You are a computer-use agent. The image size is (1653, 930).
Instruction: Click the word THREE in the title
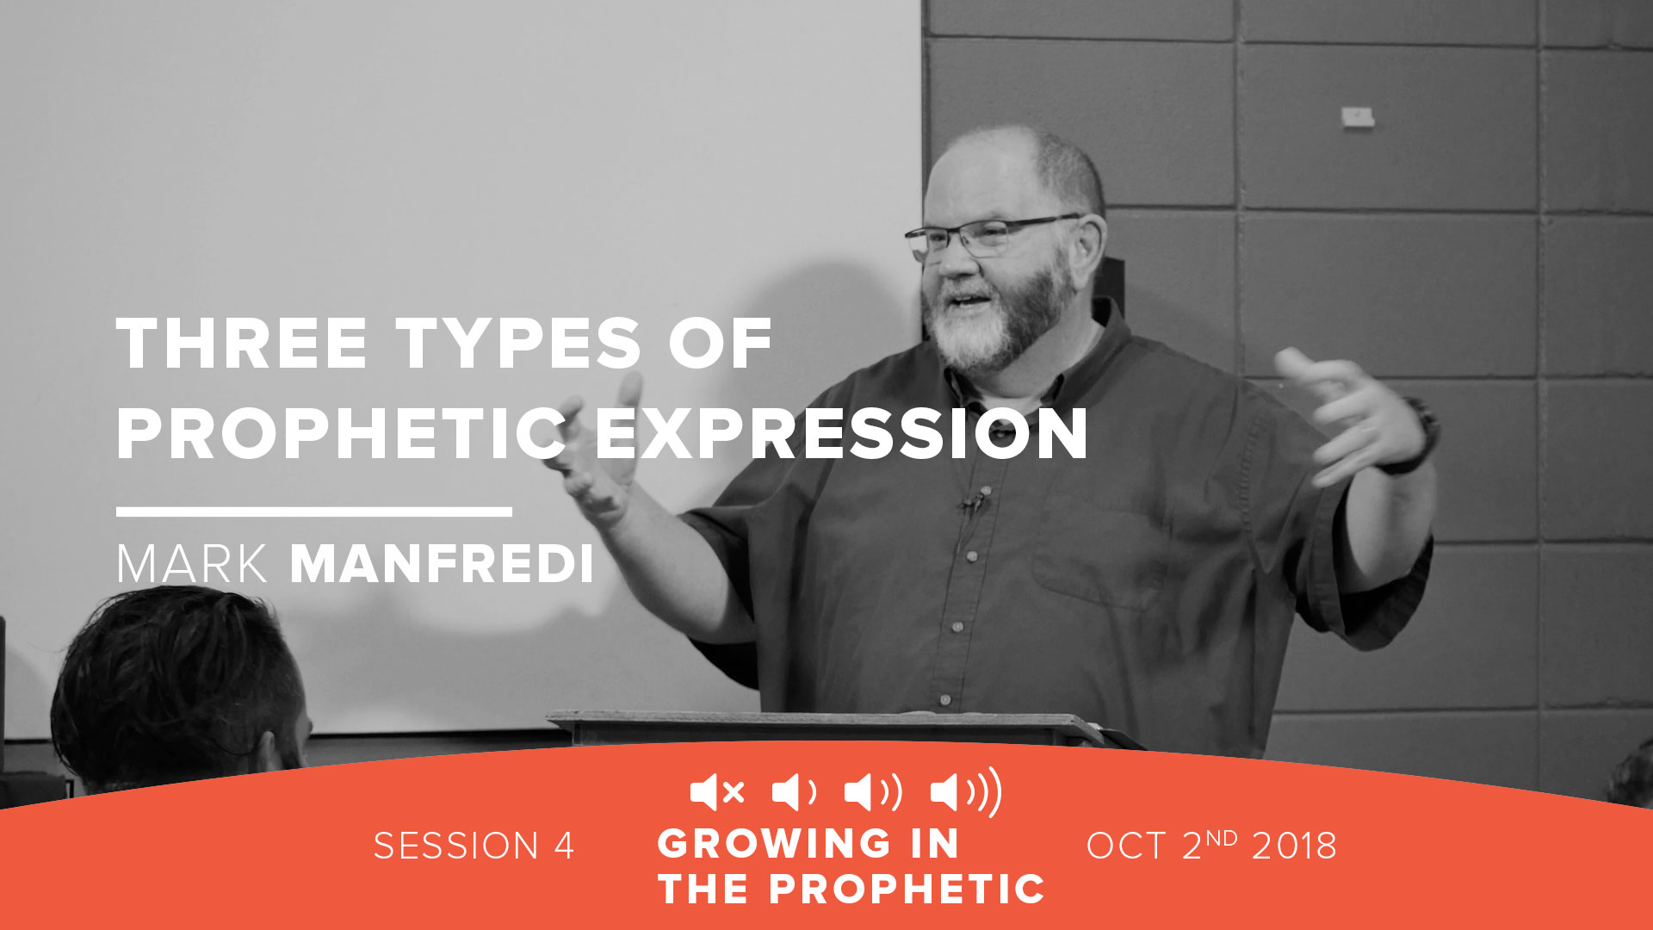tap(242, 344)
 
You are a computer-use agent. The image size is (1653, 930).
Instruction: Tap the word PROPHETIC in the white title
tap(339, 434)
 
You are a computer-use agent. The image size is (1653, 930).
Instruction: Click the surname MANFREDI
tap(442, 565)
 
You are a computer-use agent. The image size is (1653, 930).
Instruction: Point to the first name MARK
tap(191, 565)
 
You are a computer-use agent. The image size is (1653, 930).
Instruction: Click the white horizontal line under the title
tap(313, 512)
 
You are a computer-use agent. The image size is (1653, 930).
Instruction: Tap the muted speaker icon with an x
tap(716, 792)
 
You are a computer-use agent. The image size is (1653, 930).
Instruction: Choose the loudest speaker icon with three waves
tap(966, 791)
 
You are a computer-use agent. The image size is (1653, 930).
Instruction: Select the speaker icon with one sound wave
tap(793, 792)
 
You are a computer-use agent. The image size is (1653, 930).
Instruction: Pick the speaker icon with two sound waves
tap(872, 792)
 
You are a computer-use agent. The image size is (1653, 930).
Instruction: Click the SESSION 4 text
tap(474, 846)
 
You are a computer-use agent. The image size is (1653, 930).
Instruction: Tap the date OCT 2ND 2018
tap(1210, 846)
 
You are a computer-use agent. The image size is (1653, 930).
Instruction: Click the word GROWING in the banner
tap(773, 843)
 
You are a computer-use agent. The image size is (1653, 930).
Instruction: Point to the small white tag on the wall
tap(1358, 116)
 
